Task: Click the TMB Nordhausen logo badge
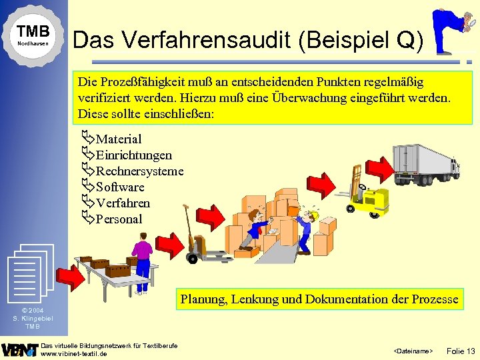point(33,35)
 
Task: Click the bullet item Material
point(119,139)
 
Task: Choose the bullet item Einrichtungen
point(133,155)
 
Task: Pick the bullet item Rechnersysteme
point(139,171)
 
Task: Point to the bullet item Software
point(120,187)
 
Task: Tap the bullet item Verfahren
point(123,203)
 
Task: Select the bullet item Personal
point(119,219)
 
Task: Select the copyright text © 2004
point(33,311)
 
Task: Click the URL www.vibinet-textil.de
point(74,353)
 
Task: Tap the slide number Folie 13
point(461,350)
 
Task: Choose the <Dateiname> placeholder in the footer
point(413,351)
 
